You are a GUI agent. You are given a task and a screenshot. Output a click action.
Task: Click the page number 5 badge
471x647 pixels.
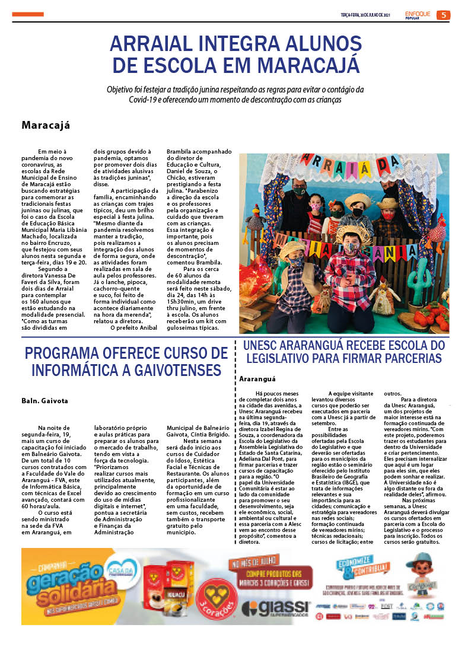coord(443,15)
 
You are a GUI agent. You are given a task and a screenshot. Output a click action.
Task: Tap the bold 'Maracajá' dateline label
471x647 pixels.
coord(46,125)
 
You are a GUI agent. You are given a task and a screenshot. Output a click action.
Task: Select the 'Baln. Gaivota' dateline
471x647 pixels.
coord(45,400)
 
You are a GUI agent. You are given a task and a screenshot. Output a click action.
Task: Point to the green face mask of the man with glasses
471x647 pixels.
coord(300,192)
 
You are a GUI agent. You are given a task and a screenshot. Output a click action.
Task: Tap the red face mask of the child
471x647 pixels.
coord(388,216)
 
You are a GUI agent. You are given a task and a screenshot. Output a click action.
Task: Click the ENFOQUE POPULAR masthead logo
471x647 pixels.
coord(418,15)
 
